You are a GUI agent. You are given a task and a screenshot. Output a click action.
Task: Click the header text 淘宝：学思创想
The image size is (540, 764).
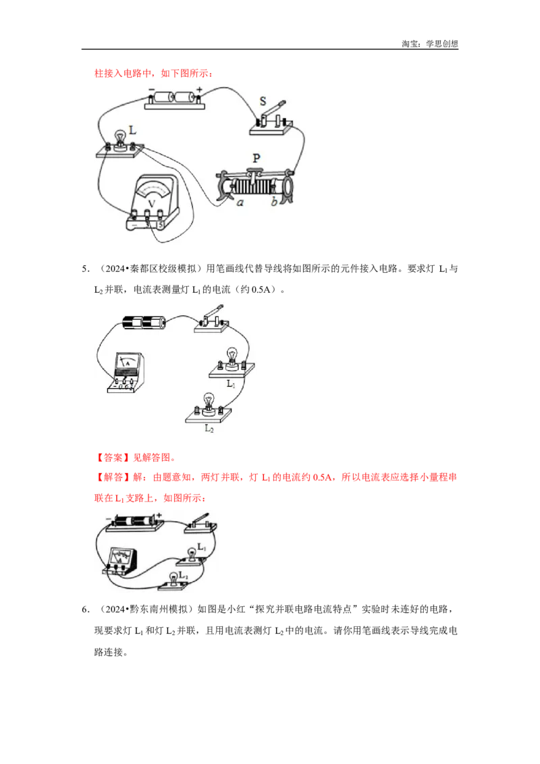[x=430, y=44]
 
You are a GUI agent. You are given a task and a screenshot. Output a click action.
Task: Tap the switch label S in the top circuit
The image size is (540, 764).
[x=263, y=101]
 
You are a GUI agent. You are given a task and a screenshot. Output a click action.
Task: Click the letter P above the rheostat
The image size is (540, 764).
[x=256, y=158]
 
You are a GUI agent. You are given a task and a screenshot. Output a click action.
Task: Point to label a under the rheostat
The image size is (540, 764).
[x=240, y=202]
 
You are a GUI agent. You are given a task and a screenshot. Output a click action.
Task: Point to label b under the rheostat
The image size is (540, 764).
[x=274, y=200]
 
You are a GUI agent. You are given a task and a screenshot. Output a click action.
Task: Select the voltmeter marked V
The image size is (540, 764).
[x=153, y=202]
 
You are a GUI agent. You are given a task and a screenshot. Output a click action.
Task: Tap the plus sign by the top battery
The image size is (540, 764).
[x=199, y=89]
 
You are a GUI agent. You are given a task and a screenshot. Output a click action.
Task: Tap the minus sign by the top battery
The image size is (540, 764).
[x=152, y=89]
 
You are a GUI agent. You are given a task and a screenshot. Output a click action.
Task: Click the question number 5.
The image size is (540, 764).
[x=85, y=269]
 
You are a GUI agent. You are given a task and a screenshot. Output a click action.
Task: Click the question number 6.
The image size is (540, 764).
[x=85, y=609]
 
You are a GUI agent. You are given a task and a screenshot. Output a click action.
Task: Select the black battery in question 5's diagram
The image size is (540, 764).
[x=144, y=322]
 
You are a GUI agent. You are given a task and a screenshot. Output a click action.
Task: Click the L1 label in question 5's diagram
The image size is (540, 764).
[x=231, y=384]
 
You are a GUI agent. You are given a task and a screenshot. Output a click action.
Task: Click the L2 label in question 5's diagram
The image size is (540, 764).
[x=209, y=429]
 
